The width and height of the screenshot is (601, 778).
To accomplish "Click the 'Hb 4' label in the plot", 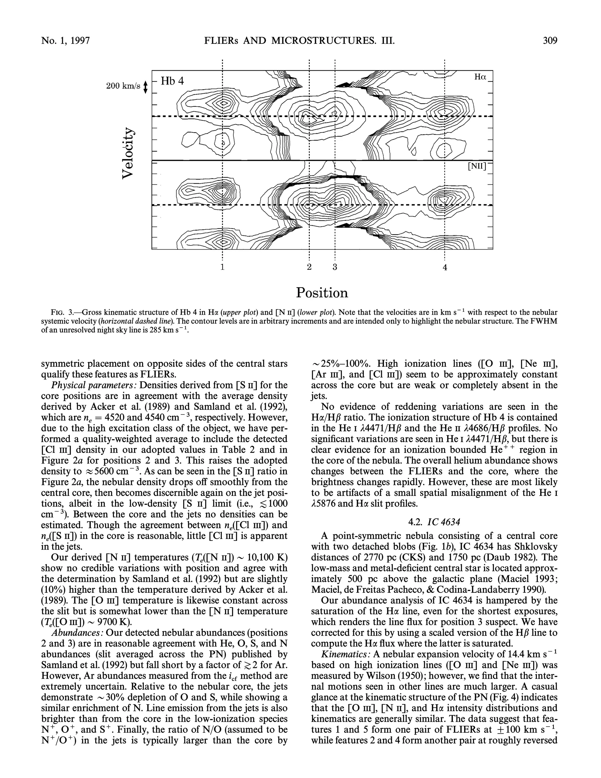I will tap(172, 81).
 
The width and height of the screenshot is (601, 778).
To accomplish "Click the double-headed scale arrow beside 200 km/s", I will tap(145, 87).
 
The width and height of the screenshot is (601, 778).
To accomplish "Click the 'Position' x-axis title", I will tap(322, 293).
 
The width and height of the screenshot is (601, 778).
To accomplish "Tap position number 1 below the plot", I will tap(222, 267).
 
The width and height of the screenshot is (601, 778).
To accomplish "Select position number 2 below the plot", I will tap(309, 267).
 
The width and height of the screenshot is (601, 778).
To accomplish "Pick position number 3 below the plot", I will tap(335, 267).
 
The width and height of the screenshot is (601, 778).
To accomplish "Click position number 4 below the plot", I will tap(445, 267).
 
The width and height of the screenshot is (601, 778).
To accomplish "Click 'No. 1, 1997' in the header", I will tap(65, 41).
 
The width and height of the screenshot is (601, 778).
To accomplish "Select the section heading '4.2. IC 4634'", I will tap(434, 522).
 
